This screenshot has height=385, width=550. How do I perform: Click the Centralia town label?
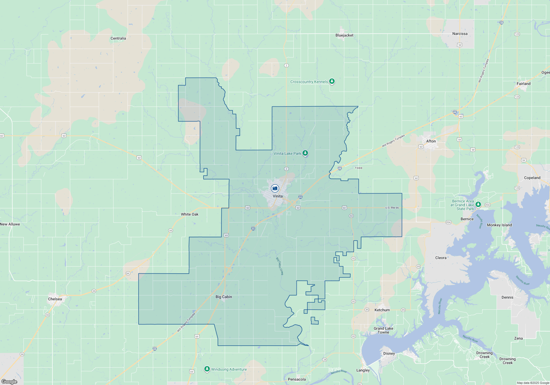(118, 38)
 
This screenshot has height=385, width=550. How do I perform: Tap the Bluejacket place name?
(344, 35)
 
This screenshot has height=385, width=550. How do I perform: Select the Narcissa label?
(460, 34)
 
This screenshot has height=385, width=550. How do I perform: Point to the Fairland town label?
(523, 84)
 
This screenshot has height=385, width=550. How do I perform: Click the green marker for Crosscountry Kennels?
(332, 81)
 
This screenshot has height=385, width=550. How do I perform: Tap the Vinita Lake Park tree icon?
(305, 153)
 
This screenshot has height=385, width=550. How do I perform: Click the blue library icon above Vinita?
(275, 188)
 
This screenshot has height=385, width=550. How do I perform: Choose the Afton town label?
(431, 141)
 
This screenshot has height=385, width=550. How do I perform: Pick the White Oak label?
(189, 215)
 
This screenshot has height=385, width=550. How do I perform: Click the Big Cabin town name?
(224, 297)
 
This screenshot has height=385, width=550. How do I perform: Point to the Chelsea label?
(55, 299)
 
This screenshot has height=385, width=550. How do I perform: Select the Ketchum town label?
(382, 310)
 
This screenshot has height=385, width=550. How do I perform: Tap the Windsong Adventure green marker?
(207, 369)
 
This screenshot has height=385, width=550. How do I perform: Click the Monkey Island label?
(499, 225)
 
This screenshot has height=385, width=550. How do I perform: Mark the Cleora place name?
(441, 258)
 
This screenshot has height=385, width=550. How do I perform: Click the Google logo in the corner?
(9, 382)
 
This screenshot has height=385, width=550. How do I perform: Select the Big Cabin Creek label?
(279, 266)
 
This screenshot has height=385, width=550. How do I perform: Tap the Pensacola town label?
(297, 380)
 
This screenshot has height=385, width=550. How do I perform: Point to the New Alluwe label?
(10, 224)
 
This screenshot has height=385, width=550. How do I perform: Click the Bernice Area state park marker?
(478, 204)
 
